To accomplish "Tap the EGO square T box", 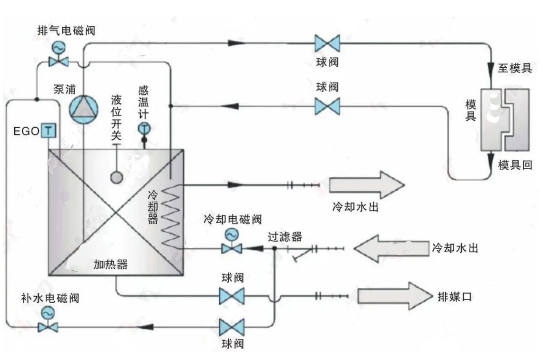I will click(48, 131).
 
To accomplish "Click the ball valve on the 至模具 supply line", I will click(327, 43).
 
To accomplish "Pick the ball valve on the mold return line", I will click(327, 107).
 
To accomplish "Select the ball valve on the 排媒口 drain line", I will click(231, 296).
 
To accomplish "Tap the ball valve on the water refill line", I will click(231, 327).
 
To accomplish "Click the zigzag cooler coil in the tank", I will click(170, 216).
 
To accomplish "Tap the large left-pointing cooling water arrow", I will click(391, 247).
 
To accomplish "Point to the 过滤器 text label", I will click(285, 237).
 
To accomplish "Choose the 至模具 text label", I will click(514, 68).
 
